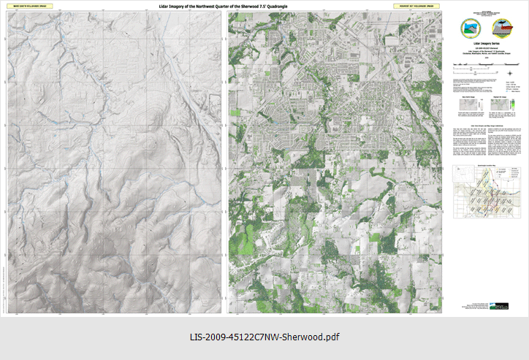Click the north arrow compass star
coord(509,72)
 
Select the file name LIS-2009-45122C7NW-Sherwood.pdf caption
coord(264,337)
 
